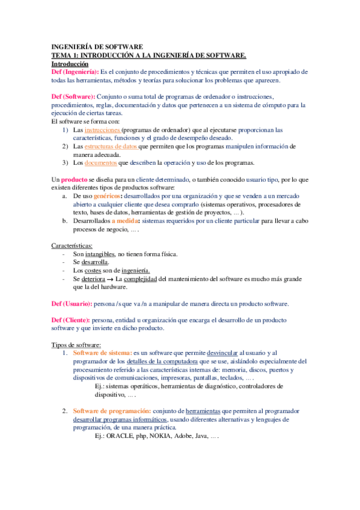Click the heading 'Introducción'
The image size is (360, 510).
pos(70,63)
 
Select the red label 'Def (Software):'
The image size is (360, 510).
pos(73,97)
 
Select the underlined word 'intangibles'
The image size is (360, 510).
pos(98,254)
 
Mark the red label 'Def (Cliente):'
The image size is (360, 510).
pos(70,321)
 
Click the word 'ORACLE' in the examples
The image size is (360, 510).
pos(120,435)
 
